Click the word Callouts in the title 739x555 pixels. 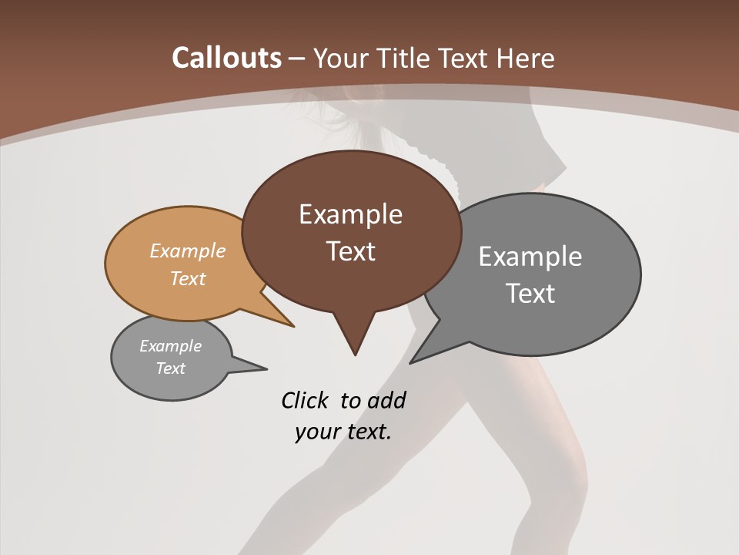[226, 58]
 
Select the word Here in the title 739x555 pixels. [527, 58]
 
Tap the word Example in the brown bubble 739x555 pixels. [350, 214]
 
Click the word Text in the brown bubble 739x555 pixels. [350, 251]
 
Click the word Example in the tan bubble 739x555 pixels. [188, 251]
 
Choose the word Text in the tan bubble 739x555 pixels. [188, 278]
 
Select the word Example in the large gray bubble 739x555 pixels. [530, 256]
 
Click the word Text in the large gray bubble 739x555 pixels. [530, 293]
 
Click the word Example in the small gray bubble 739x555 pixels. [171, 346]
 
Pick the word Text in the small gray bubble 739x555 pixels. [171, 368]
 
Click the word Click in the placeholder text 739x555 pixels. [306, 400]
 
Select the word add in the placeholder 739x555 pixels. [386, 400]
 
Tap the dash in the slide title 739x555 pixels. [298, 59]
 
